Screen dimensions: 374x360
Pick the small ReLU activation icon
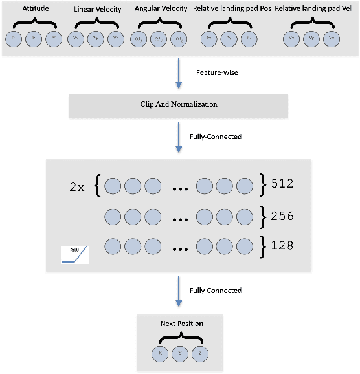tap(74, 255)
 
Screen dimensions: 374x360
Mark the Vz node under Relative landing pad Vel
tap(332, 39)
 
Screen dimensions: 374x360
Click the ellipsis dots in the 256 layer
tap(179, 217)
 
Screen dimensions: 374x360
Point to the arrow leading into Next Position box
tap(179, 290)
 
